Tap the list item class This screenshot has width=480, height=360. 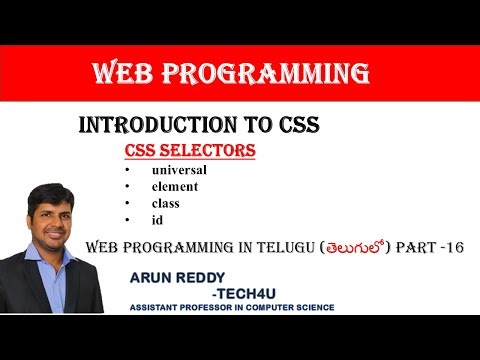click(x=167, y=202)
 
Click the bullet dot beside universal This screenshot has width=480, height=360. click(x=127, y=171)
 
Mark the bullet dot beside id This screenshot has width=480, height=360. click(x=127, y=219)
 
